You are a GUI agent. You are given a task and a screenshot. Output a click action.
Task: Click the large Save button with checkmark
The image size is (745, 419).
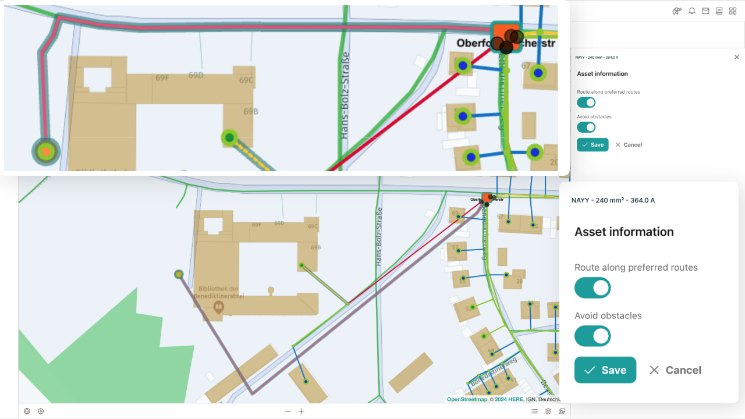pyautogui.click(x=605, y=370)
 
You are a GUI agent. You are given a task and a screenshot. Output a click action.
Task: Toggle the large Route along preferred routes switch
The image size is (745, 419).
pyautogui.click(x=593, y=288)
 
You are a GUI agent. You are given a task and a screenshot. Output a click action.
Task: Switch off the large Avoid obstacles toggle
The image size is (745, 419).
pyautogui.click(x=593, y=336)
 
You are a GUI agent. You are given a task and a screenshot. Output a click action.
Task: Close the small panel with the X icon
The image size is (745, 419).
pyautogui.click(x=737, y=58)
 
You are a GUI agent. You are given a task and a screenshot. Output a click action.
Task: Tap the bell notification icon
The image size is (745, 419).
pyautogui.click(x=692, y=11)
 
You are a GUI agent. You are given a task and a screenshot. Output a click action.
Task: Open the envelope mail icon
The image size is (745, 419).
pyautogui.click(x=705, y=11)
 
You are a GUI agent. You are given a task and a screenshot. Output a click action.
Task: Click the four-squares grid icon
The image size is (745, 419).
pyautogui.click(x=733, y=11)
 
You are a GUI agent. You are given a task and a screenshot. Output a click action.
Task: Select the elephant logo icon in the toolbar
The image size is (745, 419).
pyautogui.click(x=677, y=11)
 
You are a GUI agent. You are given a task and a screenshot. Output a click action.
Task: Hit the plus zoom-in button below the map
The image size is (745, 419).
pyautogui.click(x=301, y=411)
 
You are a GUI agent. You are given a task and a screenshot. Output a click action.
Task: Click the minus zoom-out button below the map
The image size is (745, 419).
pyautogui.click(x=288, y=411)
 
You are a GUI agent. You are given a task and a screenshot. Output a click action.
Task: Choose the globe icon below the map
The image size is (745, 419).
pyautogui.click(x=27, y=411)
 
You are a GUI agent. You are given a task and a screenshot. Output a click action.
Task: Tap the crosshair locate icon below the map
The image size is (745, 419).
pyautogui.click(x=41, y=411)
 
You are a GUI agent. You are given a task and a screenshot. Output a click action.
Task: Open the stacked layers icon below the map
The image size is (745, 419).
pyautogui.click(x=548, y=411)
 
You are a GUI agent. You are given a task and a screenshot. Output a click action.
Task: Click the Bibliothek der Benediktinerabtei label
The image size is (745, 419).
pyautogui.click(x=219, y=292)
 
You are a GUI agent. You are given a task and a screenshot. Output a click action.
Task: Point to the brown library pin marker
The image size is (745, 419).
pyautogui.click(x=219, y=307)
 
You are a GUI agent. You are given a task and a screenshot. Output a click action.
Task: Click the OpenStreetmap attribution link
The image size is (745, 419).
pyautogui.click(x=467, y=399)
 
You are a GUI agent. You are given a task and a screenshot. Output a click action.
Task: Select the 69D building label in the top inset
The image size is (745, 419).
pyautogui.click(x=196, y=76)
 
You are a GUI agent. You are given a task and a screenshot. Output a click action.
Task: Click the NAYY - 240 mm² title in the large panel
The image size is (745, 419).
pyautogui.click(x=613, y=200)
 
